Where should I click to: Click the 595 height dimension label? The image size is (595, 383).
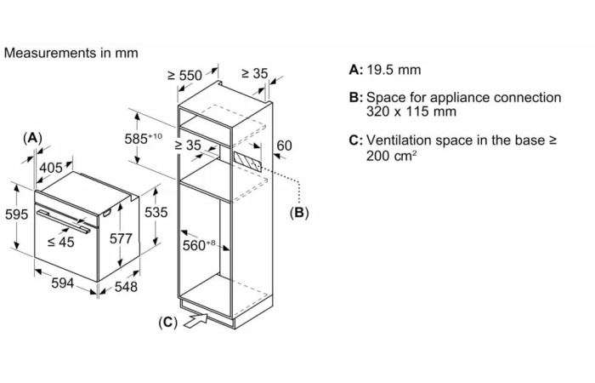coord(16,214)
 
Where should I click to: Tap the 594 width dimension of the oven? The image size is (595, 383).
coord(63,283)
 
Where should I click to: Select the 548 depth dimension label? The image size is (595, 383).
coord(126,287)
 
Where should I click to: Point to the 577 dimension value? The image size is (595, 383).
coord(121,238)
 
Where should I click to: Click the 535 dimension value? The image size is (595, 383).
coord(156,212)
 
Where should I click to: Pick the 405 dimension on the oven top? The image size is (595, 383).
coord(51,168)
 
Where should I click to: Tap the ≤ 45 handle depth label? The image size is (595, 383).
coord(60,242)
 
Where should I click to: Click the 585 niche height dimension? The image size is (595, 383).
coord(143,138)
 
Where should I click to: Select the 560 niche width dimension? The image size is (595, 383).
coord(199,245)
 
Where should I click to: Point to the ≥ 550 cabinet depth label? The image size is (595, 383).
coord(184,75)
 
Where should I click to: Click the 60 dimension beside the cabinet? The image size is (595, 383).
coord(284,146)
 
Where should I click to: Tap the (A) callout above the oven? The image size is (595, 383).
coord(32,138)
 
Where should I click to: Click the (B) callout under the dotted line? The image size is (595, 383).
coord(299,213)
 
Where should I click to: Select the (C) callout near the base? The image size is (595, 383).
coord(167,323)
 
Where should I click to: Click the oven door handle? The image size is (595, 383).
coord(63,220)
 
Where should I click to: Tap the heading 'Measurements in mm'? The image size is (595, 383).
coord(71,53)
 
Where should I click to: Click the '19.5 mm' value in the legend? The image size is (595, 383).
coord(394,70)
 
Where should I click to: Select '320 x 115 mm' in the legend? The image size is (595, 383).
coord(411,111)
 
